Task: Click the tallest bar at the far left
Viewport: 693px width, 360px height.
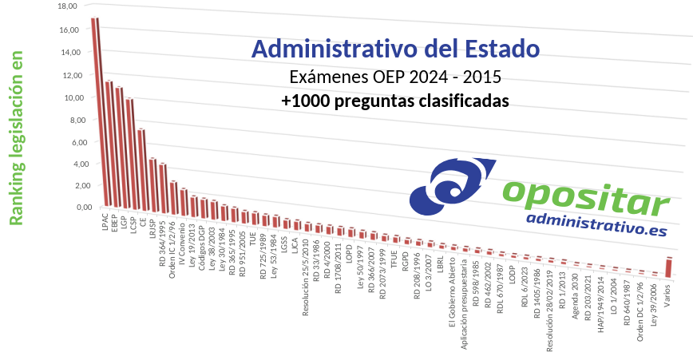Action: (95, 112)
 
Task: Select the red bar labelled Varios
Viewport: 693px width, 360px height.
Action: (669, 266)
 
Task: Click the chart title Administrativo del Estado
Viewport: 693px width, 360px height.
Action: (395, 49)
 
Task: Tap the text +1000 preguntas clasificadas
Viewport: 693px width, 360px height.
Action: (395, 101)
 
